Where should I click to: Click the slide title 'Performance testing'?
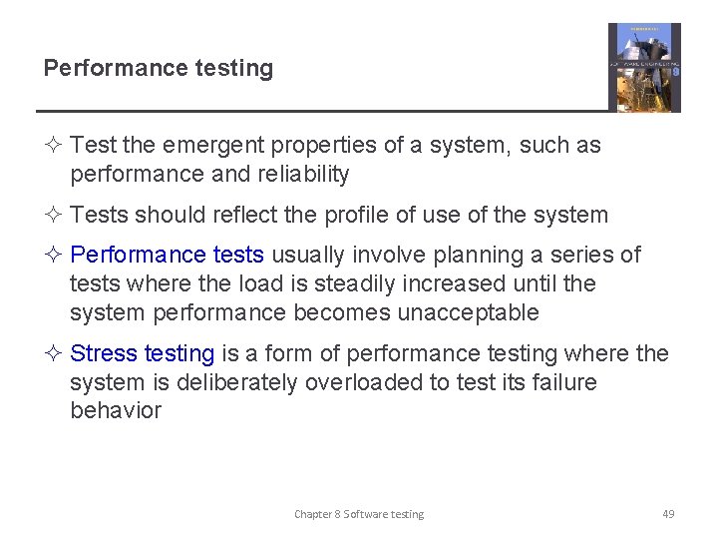158,69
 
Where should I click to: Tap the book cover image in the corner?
644,68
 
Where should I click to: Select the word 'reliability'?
299,175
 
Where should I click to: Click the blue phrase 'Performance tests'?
168,256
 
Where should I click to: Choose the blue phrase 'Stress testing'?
143,353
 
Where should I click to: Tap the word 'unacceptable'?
469,313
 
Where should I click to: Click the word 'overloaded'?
362,382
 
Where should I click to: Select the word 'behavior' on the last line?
116,410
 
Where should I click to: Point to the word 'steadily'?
333,284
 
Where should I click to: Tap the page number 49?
668,514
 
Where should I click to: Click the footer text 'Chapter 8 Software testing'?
359,514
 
